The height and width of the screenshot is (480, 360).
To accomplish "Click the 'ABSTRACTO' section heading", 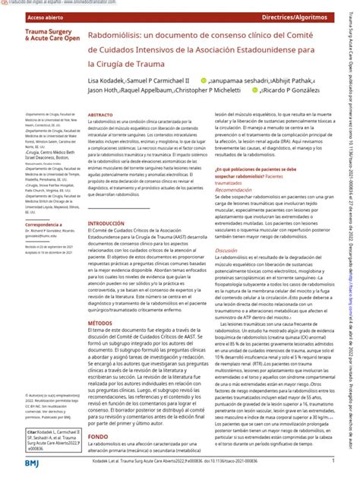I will click(x=101, y=114).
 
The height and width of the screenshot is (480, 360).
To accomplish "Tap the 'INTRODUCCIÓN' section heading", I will click(x=106, y=223).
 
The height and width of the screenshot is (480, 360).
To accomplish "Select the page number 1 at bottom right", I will click(x=333, y=460).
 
